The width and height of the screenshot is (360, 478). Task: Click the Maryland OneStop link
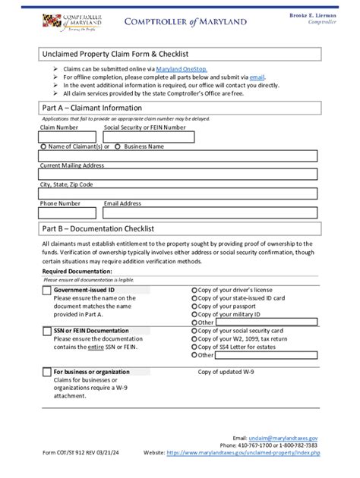(182, 68)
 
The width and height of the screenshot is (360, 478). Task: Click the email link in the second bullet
(257, 77)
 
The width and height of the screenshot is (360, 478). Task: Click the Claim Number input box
(68, 137)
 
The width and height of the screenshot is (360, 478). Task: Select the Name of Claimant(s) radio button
(43, 146)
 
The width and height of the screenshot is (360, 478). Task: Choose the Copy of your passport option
(195, 306)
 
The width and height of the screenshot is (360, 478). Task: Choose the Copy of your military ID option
(195, 314)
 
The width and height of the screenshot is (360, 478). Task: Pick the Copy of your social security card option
(195, 332)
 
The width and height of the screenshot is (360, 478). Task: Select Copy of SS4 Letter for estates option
(195, 347)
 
